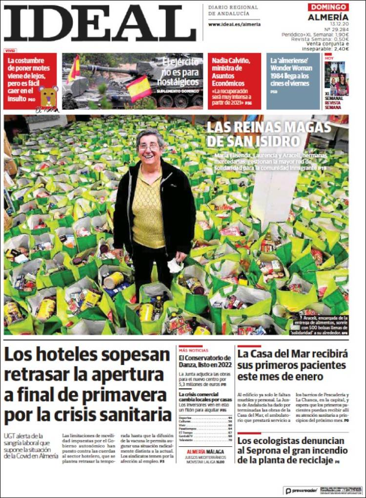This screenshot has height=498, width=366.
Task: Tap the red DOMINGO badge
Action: (x=328, y=7)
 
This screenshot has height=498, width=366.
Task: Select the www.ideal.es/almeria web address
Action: (x=234, y=24)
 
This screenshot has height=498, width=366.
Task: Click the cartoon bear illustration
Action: (x=48, y=98)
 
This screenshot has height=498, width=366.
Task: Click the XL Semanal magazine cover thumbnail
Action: (x=337, y=78)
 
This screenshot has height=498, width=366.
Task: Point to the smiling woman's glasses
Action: (x=149, y=147)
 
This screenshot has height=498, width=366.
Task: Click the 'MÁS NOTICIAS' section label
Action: (x=194, y=350)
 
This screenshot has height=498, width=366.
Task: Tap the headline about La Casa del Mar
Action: (x=292, y=365)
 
